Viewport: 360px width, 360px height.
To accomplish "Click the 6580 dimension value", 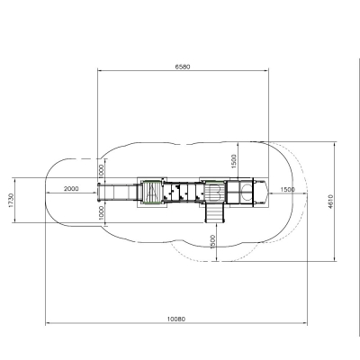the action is coord(183,67).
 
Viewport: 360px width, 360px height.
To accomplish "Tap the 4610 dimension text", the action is coord(330,202).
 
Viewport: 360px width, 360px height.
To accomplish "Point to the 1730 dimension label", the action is coord(11,200).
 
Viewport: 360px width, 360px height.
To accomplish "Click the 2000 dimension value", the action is coord(71,189).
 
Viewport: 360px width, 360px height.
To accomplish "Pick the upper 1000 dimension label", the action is coord(101,171).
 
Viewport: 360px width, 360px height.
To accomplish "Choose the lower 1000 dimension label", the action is coord(101,212).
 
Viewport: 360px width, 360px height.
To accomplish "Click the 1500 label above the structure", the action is coord(234,161).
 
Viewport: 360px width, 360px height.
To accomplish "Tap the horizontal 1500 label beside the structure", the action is coord(287,190).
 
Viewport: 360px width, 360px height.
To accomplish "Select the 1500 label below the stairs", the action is coord(212,242).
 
